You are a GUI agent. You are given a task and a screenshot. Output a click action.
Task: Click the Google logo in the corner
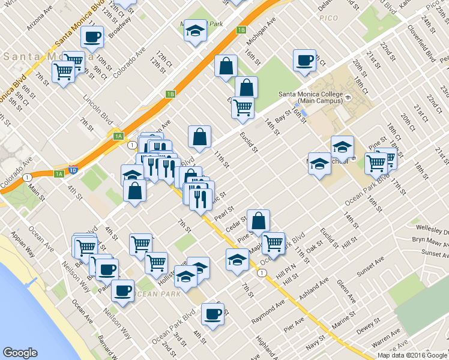click(20, 353)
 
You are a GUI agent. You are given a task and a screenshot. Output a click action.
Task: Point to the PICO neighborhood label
click(329, 19)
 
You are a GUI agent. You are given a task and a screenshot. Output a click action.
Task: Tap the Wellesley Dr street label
click(435, 230)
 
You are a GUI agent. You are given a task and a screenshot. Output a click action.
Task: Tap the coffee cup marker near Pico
click(304, 61)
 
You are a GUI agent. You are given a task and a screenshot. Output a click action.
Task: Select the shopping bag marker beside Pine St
click(258, 221)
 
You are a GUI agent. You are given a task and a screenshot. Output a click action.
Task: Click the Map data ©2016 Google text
click(412, 355)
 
